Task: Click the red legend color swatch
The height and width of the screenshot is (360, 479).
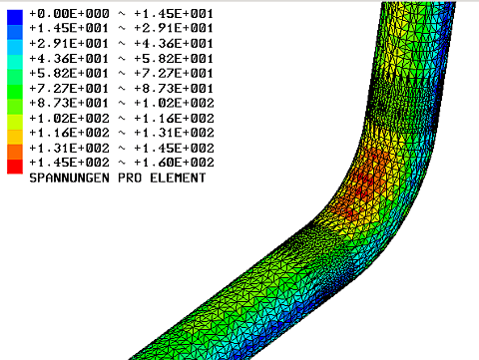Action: (15, 166)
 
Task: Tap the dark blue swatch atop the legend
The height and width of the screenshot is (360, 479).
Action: (15, 17)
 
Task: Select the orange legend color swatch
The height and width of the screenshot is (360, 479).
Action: (15, 152)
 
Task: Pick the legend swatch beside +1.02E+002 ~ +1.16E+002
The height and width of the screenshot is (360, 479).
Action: (15, 122)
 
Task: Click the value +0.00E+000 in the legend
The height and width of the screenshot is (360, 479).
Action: (69, 14)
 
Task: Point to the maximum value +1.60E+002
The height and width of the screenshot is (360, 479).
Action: (174, 163)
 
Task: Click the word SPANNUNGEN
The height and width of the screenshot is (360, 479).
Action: (69, 178)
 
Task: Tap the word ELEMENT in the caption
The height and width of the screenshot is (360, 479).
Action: (178, 178)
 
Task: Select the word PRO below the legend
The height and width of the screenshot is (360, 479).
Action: (130, 178)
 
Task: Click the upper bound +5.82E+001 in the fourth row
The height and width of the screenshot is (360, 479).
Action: (174, 59)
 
